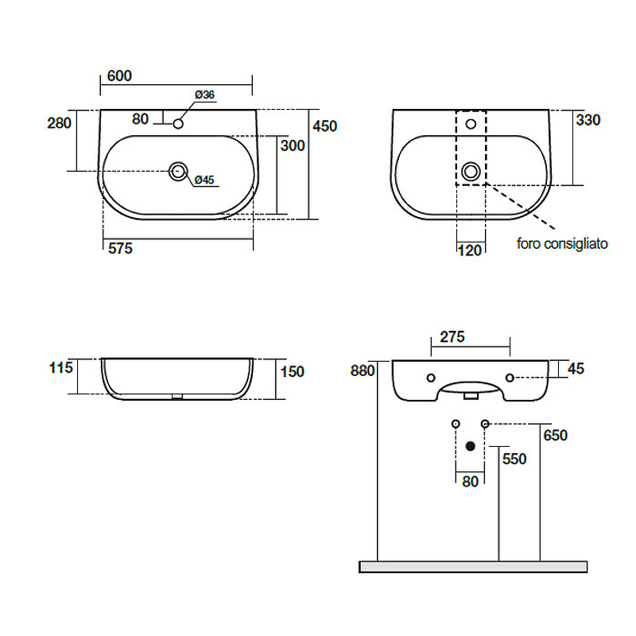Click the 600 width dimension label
[119, 76]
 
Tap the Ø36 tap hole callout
[204, 95]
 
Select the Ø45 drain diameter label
[204, 180]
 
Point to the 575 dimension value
[120, 248]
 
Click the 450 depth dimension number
[325, 126]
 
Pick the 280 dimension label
[59, 123]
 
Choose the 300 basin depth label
[293, 145]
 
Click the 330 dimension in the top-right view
[588, 120]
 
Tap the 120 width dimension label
[470, 250]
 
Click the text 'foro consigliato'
[562, 243]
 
